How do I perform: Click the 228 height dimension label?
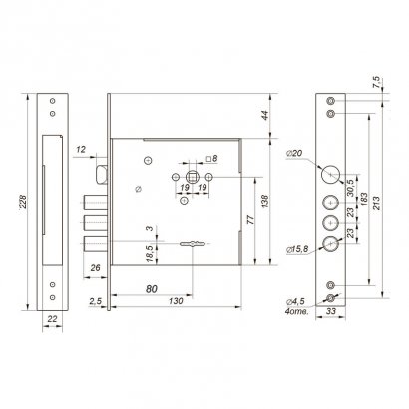(23, 202)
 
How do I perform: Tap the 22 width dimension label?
(52, 319)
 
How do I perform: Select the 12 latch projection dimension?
(80, 150)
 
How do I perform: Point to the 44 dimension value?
(265, 116)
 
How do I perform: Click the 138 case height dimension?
(265, 202)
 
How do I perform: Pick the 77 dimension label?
(251, 220)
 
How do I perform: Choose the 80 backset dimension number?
(152, 289)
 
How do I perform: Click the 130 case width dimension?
(176, 301)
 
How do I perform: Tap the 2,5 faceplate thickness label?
(95, 301)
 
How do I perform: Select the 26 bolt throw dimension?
(95, 268)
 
